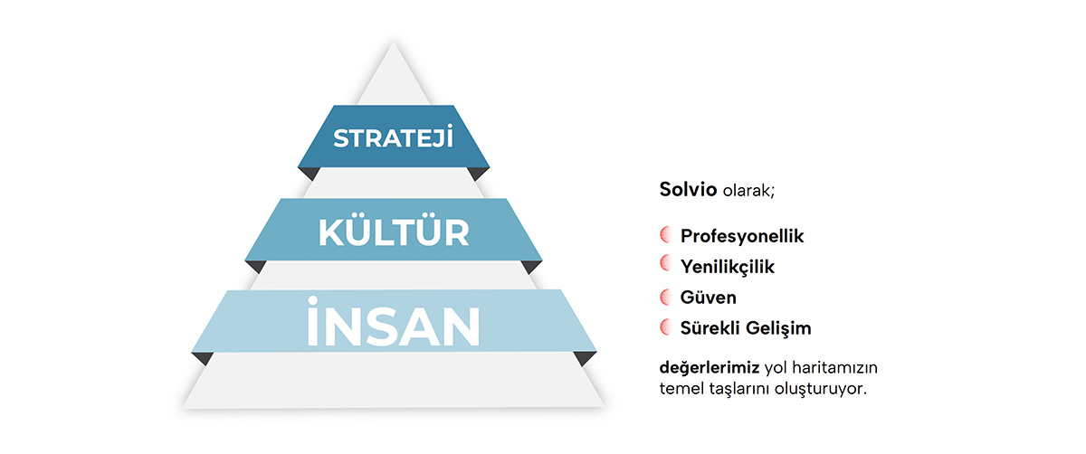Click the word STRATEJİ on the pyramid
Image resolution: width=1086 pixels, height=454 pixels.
pos(393,137)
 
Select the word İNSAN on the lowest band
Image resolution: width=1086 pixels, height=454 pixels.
pos(393,322)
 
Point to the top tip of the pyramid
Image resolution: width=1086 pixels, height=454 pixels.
pos(393,43)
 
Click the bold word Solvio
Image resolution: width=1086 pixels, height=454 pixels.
pos(688,189)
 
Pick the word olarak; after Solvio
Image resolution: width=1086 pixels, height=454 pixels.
pos(748,191)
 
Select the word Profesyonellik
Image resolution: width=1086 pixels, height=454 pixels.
pos(742,236)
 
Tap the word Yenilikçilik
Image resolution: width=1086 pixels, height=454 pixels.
pos(728,267)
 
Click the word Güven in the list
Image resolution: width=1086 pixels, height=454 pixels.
pos(709,297)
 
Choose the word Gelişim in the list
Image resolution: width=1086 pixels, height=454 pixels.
pos(778,328)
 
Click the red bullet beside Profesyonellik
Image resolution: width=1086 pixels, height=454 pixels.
pos(665,235)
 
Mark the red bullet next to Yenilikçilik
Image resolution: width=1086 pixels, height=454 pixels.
pos(665,263)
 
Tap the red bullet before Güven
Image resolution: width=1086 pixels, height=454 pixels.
pos(665,297)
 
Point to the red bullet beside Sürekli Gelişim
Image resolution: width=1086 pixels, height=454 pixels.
pos(665,327)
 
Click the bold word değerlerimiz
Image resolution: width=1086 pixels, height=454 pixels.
pos(710,368)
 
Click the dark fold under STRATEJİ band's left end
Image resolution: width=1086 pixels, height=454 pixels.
pos(309,173)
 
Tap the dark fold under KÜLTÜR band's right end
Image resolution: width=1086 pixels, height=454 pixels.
pos(530,266)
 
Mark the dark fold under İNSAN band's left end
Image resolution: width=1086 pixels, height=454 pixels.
pos(203,357)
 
